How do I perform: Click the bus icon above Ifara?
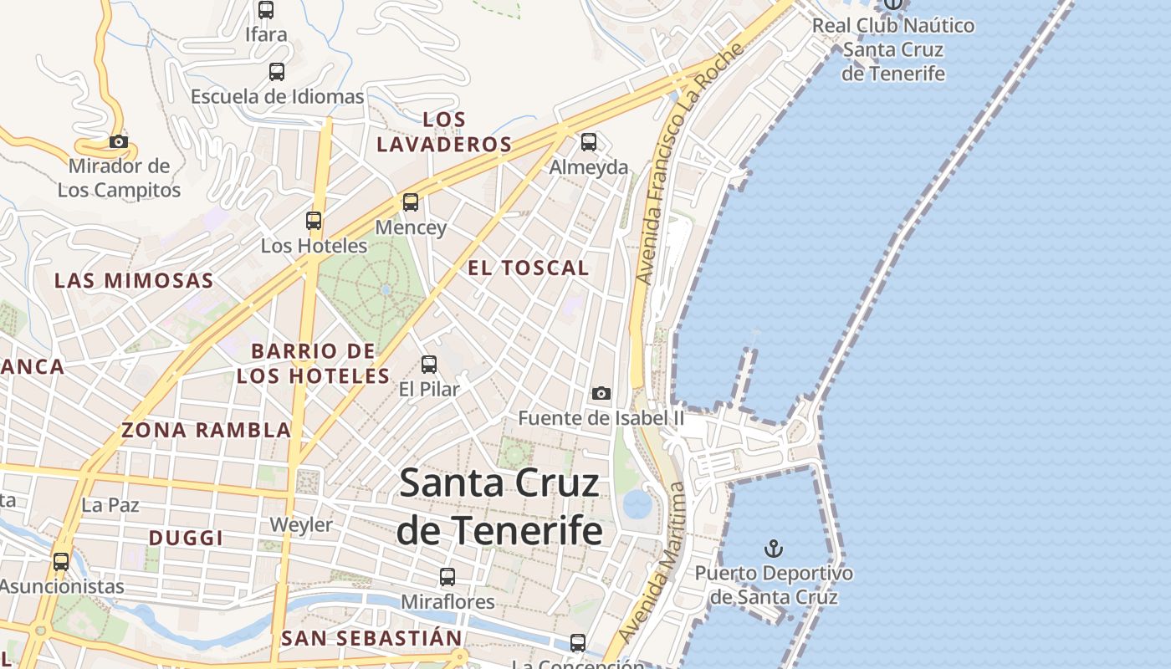(x=266, y=10)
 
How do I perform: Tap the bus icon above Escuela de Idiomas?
(x=277, y=72)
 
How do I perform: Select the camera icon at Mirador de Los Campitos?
(x=119, y=141)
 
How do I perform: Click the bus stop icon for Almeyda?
(x=589, y=142)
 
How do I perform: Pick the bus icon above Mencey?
(x=410, y=202)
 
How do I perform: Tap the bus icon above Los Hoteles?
(x=314, y=221)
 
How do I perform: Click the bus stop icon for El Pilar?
(x=429, y=365)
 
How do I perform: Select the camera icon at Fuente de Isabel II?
(x=601, y=393)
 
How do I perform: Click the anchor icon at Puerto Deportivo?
(x=775, y=549)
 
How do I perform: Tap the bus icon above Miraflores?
(x=447, y=577)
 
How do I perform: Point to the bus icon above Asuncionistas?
(x=61, y=562)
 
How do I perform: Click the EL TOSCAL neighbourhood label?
(x=529, y=268)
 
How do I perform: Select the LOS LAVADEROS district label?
(x=444, y=132)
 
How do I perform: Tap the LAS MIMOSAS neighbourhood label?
(x=134, y=280)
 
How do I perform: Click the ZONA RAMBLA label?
(x=207, y=431)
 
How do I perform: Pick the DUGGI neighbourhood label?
(x=186, y=538)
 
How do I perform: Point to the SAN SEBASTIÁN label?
(x=371, y=639)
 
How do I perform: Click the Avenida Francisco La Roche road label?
(x=688, y=164)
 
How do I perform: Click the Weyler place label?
(x=301, y=525)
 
